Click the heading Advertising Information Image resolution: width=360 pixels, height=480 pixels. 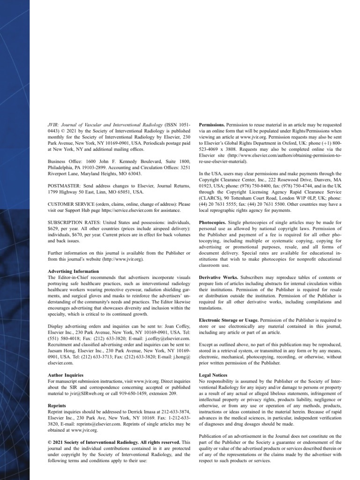74,271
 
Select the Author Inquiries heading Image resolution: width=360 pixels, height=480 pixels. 66,375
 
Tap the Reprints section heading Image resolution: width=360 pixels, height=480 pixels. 57,405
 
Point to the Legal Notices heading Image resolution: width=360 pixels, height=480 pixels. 213,375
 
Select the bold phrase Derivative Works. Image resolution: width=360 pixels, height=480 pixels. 219,277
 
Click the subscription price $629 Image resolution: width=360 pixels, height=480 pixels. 54,227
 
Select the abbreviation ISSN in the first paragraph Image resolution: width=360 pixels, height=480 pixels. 172,126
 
